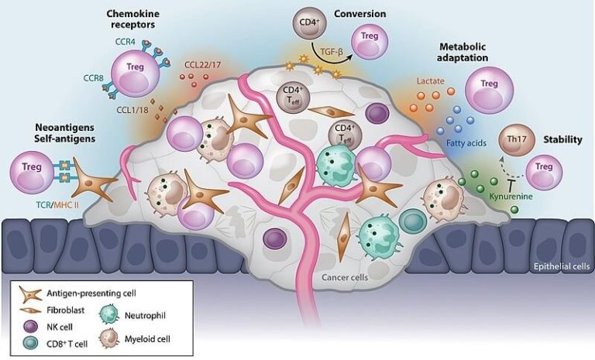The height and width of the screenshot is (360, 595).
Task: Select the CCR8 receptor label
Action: (x=94, y=77)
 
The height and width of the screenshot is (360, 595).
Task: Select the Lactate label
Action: (x=430, y=80)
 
